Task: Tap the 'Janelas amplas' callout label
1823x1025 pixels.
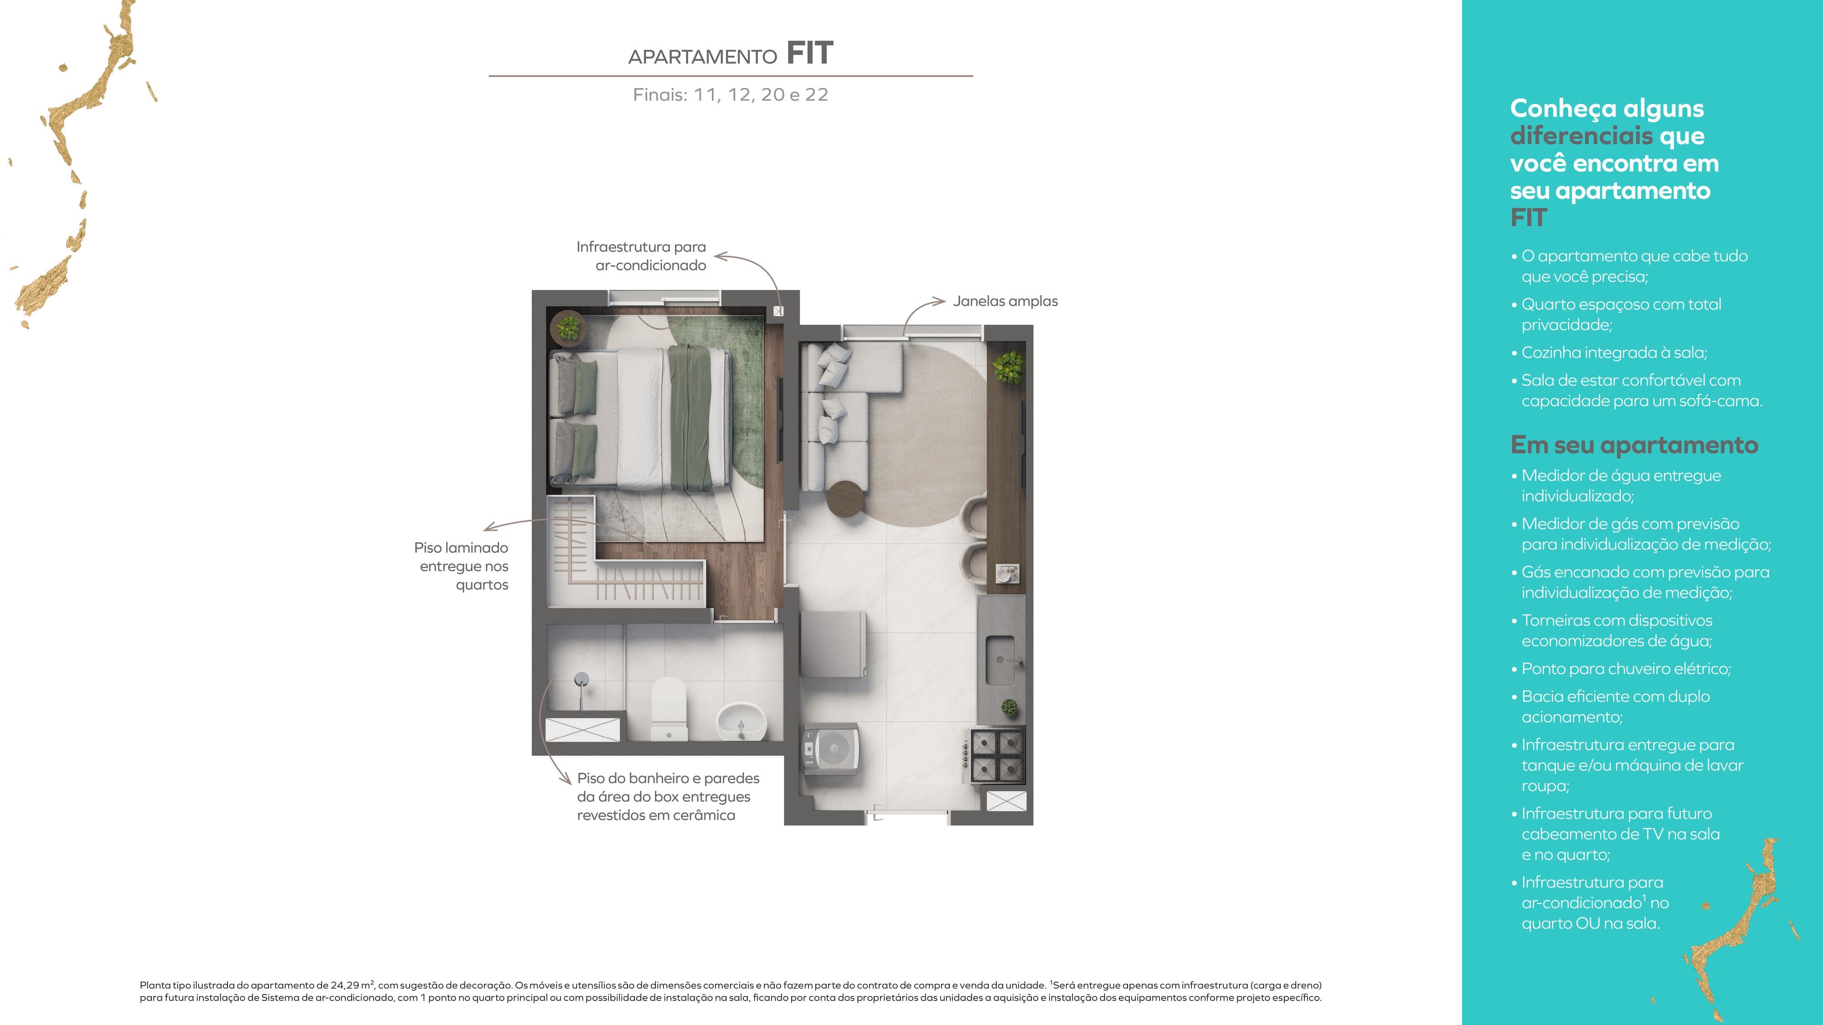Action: pyautogui.click(x=1005, y=301)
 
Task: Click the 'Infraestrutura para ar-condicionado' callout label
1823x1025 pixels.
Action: pyautogui.click(x=641, y=256)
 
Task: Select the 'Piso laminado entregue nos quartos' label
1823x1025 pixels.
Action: pyautogui.click(x=461, y=566)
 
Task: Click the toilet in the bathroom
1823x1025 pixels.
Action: pyautogui.click(x=669, y=709)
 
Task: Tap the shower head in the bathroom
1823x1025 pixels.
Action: pyautogui.click(x=581, y=680)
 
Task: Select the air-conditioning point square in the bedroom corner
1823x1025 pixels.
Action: pyautogui.click(x=778, y=311)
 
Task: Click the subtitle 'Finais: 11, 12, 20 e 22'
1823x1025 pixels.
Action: pyautogui.click(x=730, y=95)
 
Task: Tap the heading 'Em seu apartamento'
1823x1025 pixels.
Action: pyautogui.click(x=1634, y=445)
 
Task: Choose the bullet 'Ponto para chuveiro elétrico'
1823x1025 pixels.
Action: pyautogui.click(x=1626, y=668)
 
